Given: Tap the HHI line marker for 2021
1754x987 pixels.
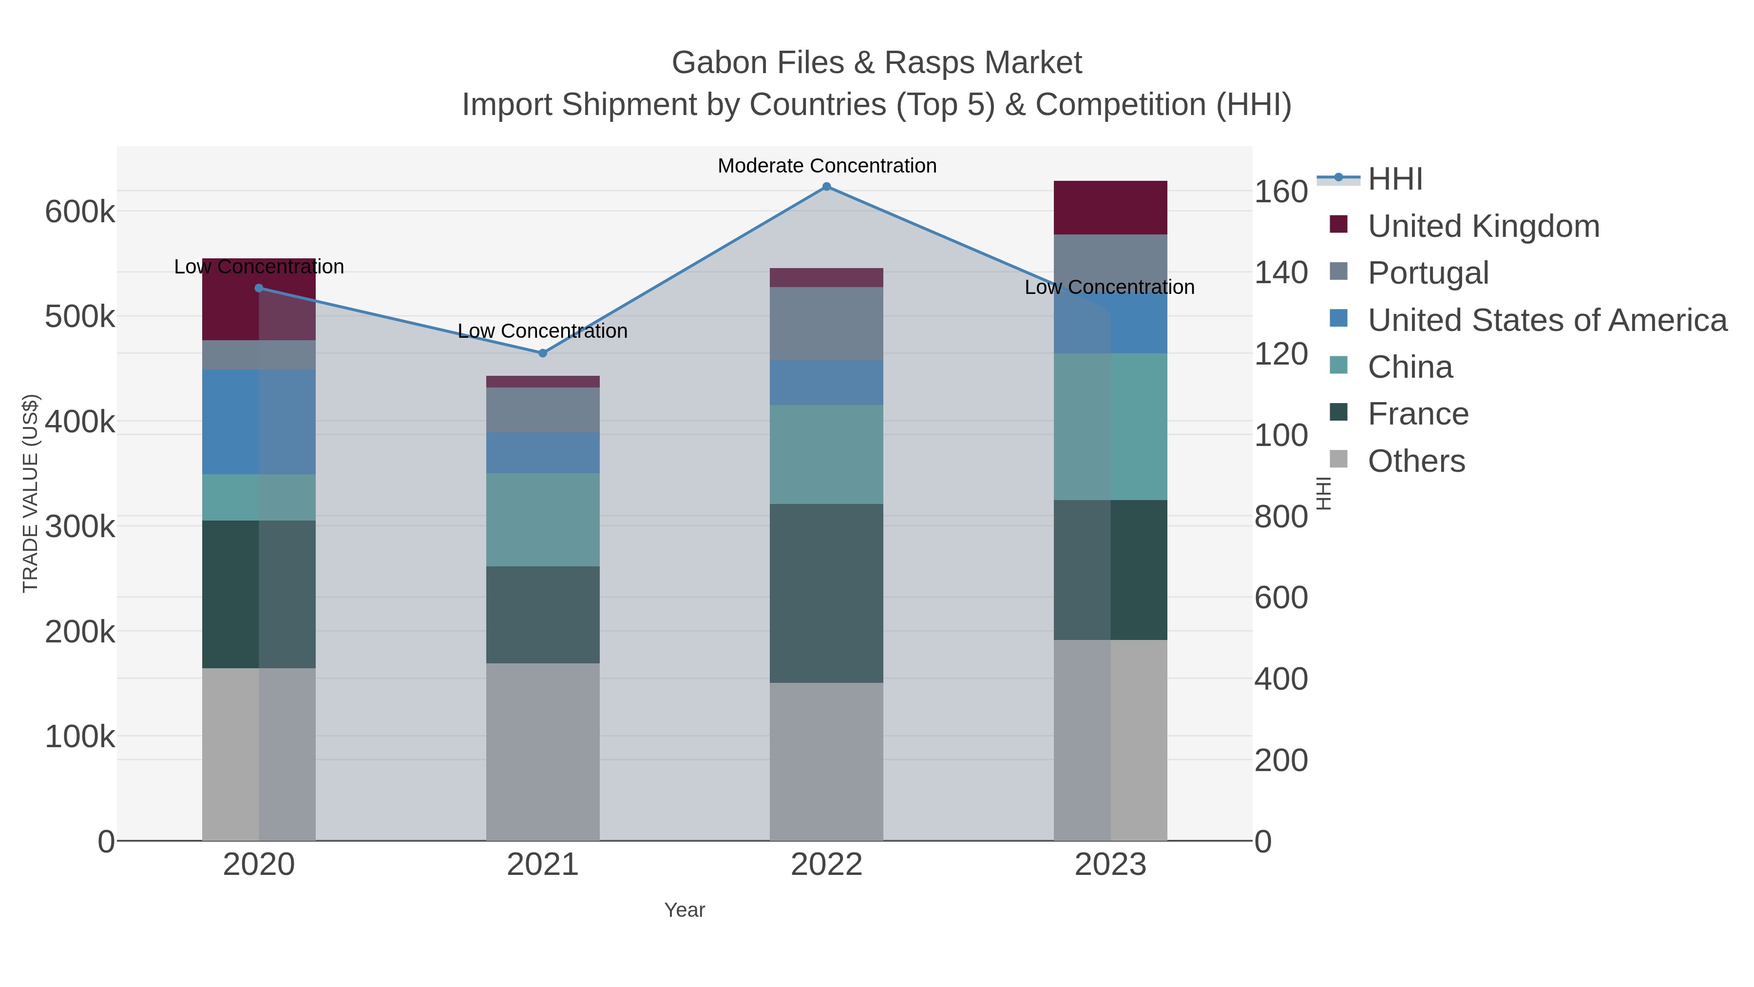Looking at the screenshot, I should pyautogui.click(x=543, y=353).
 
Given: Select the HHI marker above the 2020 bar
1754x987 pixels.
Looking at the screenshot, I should pyautogui.click(x=259, y=288).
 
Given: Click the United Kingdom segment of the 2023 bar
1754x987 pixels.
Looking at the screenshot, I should pyautogui.click(x=1110, y=208).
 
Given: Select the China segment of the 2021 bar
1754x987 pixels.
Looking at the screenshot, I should pyautogui.click(x=543, y=519).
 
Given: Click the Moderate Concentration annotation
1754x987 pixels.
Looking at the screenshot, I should pyautogui.click(x=827, y=166).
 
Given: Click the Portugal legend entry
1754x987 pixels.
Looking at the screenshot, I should pyautogui.click(x=1428, y=273).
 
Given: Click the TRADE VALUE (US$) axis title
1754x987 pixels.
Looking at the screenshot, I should pyautogui.click(x=31, y=493).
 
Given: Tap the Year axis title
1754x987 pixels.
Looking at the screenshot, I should pyautogui.click(x=685, y=910).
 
